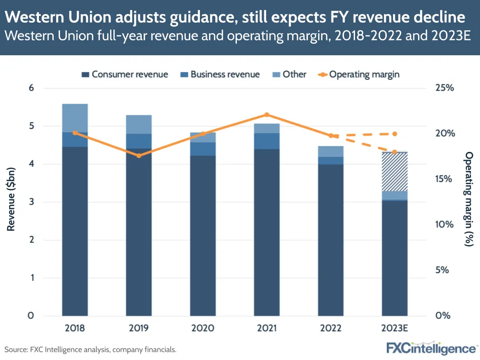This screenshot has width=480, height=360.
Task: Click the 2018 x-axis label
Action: [74, 329]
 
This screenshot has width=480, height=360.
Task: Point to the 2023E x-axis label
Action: [394, 329]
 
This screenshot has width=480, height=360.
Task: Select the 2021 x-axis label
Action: [267, 329]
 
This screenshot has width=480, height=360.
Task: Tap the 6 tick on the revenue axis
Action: [31, 88]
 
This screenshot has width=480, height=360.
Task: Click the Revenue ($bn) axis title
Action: [11, 202]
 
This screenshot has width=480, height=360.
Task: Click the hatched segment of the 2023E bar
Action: [394, 172]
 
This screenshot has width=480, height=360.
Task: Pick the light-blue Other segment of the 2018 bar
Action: [74, 118]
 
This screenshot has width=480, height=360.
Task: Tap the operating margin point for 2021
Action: [267, 115]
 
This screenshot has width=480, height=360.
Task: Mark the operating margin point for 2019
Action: [139, 156]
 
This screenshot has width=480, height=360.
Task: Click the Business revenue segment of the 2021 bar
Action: [267, 141]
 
